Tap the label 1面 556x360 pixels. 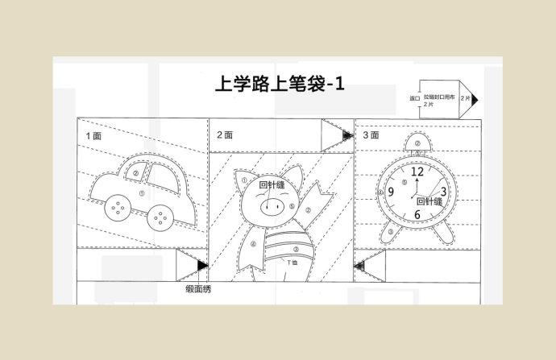tap(93, 136)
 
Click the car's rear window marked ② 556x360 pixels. tap(135, 172)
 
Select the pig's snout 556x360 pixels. tap(272, 208)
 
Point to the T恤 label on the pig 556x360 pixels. tap(293, 263)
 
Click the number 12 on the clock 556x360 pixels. tap(417, 171)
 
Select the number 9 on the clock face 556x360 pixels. tap(391, 192)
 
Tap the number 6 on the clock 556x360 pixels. tap(417, 214)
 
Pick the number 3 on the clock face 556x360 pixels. tap(442, 192)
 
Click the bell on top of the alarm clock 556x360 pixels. tap(417, 145)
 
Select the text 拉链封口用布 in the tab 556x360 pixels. tap(440, 97)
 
